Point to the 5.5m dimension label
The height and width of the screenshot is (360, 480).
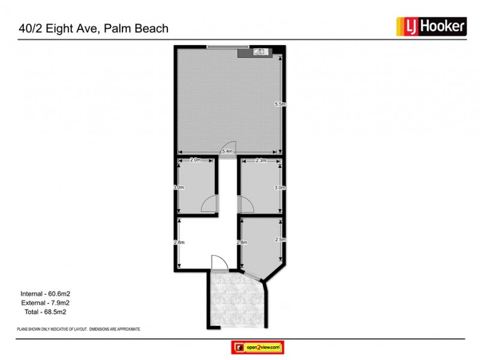pyautogui.click(x=279, y=104)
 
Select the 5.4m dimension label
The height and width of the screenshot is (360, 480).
pyautogui.click(x=227, y=152)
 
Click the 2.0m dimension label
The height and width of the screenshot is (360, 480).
pyautogui.click(x=195, y=160)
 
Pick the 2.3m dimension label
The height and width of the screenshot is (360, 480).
pyautogui.click(x=261, y=160)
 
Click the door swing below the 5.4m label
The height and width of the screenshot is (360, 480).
pyautogui.click(x=229, y=147)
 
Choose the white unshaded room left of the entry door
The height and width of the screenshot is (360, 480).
pyautogui.click(x=195, y=243)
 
